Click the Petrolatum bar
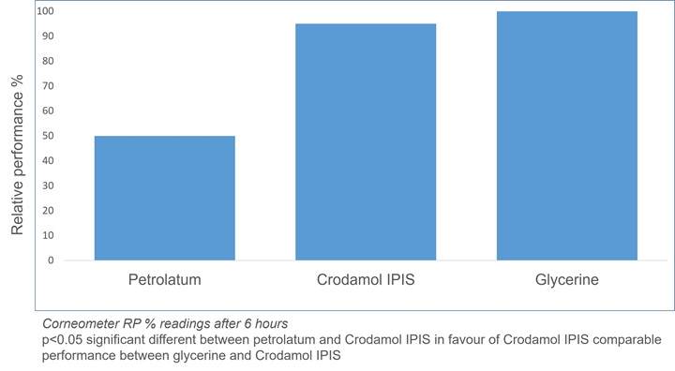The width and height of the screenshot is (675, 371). point(164,198)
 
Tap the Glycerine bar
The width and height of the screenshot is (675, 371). point(566,135)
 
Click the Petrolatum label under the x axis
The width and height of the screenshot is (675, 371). point(164,281)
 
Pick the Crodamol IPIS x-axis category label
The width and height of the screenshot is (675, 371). point(366,281)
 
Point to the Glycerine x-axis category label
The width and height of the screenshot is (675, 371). point(566,281)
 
